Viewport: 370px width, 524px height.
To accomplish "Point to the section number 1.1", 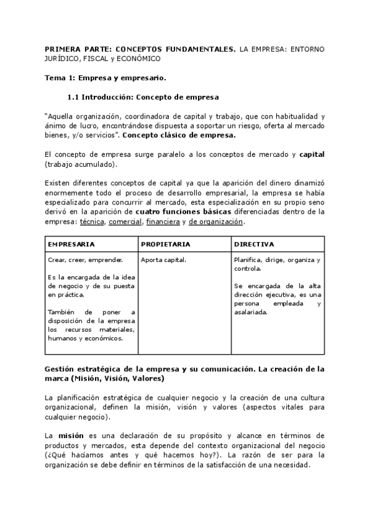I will click(73, 97).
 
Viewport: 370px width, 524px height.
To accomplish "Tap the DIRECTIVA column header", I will click(254, 244).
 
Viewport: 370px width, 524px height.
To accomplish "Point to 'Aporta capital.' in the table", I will click(163, 260).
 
